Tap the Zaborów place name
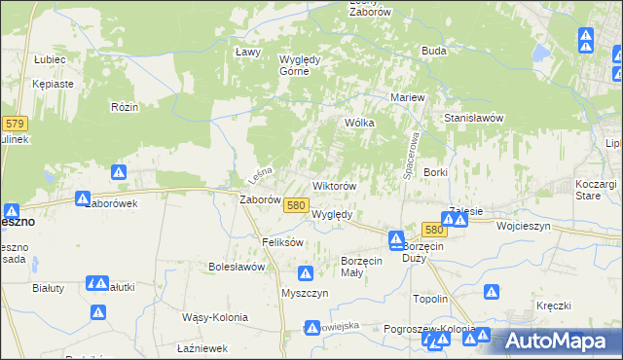pyautogui.click(x=260, y=200)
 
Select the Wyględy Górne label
pyautogui.click(x=300, y=63)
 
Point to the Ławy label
pyautogui.click(x=245, y=52)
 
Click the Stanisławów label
pyautogui.click(x=472, y=118)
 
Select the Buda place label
pyautogui.click(x=433, y=51)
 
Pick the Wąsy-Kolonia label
pyautogui.click(x=215, y=317)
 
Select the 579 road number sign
pyautogui.click(x=15, y=124)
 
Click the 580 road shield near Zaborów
pyautogui.click(x=297, y=204)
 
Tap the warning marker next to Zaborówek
pyautogui.click(x=119, y=173)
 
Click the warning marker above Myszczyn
pyautogui.click(x=307, y=273)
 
